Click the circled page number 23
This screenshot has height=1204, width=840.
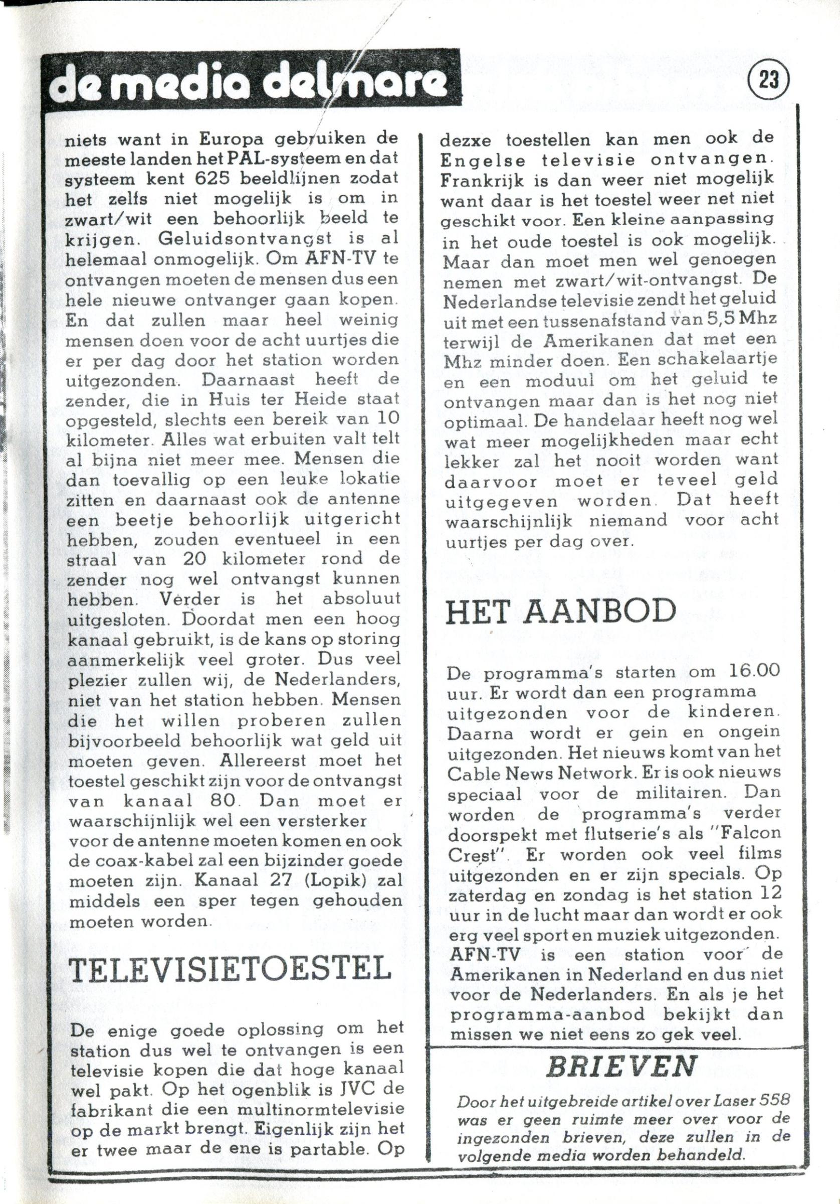click(769, 81)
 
